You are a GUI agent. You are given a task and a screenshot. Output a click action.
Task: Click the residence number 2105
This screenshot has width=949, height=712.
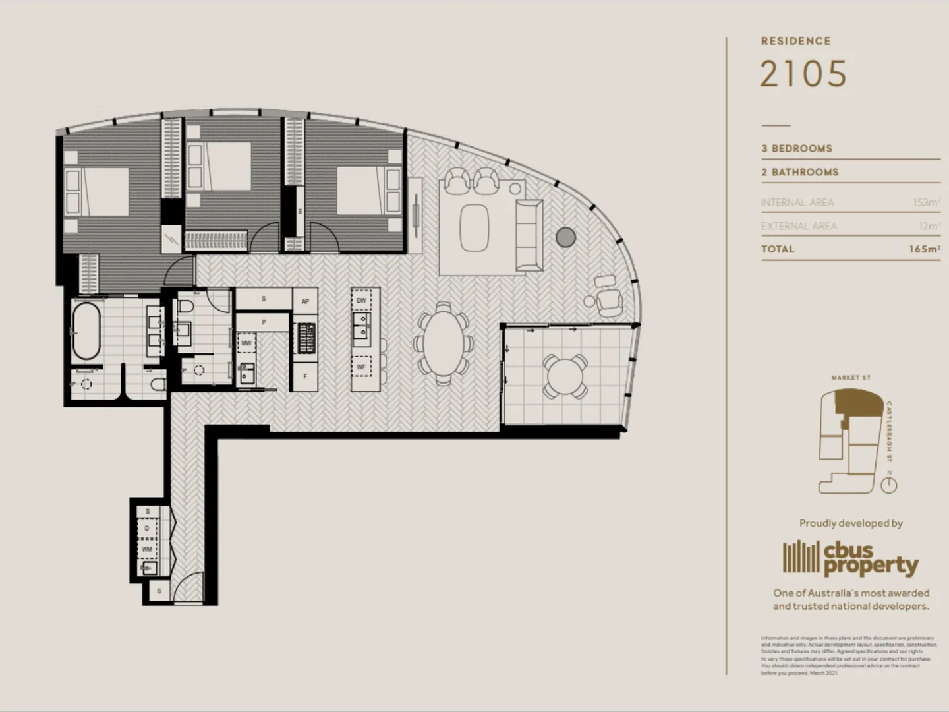coord(803,74)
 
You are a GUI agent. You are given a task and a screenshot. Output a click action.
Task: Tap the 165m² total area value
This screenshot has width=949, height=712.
coord(924,249)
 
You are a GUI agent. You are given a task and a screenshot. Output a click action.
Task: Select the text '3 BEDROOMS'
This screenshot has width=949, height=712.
coord(796,148)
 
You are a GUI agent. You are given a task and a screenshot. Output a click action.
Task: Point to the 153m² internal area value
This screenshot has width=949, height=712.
coord(926,202)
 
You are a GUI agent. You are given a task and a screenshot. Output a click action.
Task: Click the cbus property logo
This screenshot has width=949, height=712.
coord(850,558)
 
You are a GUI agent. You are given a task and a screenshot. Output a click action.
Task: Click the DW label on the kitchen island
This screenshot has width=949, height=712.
coord(361,301)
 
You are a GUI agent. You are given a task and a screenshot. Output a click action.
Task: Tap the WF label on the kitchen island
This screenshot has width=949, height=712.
coord(361,367)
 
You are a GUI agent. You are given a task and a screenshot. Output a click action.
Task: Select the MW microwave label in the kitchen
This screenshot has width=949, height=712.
coord(246,343)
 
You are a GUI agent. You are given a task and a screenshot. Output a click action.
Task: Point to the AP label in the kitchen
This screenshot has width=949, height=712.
coord(305,301)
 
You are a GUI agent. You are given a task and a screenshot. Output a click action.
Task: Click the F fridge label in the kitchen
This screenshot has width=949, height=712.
coord(305,377)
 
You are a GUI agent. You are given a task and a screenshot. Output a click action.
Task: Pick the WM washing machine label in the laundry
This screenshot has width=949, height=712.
coord(147,549)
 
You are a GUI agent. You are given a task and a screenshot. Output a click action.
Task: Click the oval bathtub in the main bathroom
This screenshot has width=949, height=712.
coord(86,330)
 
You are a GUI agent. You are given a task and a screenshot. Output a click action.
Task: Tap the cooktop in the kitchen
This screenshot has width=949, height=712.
coord(305,338)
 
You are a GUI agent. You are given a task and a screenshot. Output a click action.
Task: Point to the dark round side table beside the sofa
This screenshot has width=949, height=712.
coord(565,237)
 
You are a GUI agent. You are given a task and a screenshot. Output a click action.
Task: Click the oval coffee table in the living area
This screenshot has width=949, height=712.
coord(474,227)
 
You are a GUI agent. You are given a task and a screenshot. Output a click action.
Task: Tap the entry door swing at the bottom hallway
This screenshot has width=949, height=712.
coord(190,587)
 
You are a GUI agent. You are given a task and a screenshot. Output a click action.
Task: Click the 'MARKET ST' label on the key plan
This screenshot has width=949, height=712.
coord(850,378)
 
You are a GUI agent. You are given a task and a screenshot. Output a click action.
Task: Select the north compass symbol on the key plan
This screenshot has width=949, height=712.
coord(889,485)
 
